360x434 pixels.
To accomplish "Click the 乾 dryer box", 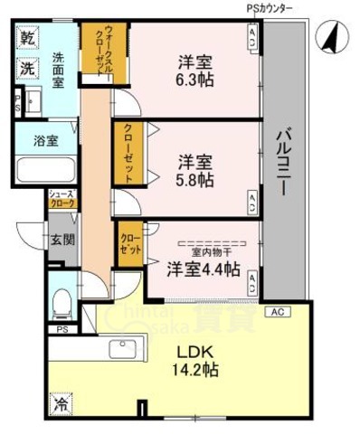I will click(x=27, y=39).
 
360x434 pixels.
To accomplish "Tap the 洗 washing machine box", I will click(x=27, y=68).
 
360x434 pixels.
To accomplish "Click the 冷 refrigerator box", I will click(x=58, y=405).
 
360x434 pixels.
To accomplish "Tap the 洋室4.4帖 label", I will click(x=203, y=269).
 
